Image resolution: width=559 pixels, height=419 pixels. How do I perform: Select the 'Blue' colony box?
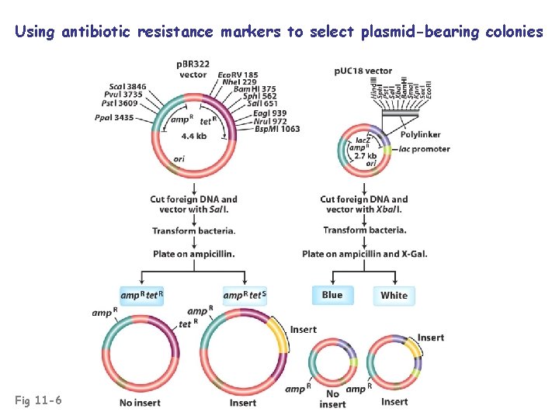pos(332,295)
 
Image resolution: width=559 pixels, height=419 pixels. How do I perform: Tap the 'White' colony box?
pos(394,296)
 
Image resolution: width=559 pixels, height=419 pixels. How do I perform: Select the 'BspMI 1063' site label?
pos(277,129)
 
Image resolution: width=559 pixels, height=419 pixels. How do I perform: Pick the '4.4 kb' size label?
pos(193,136)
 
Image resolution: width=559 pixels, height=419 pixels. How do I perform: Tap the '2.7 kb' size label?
pos(365,156)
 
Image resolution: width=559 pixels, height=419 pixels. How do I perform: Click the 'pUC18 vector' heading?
pos(363,71)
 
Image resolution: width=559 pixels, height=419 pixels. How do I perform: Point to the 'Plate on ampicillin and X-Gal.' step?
pos(365,254)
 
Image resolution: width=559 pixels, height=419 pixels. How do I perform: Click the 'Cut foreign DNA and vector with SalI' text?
pos(193,204)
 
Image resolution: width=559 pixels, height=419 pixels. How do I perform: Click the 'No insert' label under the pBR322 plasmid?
pos(140,403)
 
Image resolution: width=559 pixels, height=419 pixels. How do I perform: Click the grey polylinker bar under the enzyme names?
pos(404,113)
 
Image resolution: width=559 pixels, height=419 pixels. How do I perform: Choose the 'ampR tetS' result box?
pos(245,295)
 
